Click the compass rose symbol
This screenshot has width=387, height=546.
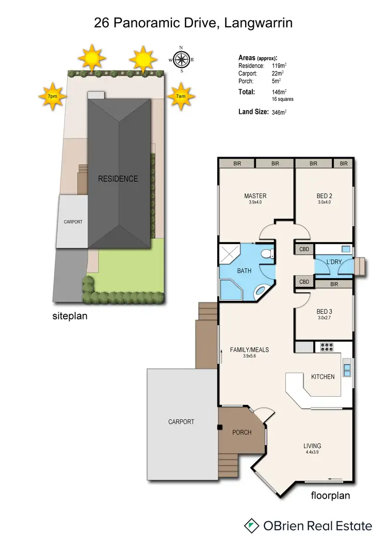[x=181, y=60]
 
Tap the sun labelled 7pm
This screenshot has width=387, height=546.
[x=52, y=96]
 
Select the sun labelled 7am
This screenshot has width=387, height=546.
[x=181, y=96]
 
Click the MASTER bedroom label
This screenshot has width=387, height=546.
[x=255, y=196]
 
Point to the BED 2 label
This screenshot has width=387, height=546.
[x=324, y=196]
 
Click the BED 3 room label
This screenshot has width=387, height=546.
[x=324, y=311]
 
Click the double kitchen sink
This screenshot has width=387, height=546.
[x=347, y=369]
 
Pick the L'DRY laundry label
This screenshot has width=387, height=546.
[x=334, y=262]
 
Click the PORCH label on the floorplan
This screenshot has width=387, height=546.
[x=241, y=432]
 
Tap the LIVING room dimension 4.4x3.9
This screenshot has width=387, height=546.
[x=312, y=453]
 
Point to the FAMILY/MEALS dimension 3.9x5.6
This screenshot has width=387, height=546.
[x=249, y=356]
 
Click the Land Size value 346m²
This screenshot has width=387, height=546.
[x=279, y=112]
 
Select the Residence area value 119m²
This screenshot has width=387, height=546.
[x=279, y=66]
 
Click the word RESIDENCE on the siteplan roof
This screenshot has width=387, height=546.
[x=119, y=179]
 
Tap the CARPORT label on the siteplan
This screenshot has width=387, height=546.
[x=73, y=222]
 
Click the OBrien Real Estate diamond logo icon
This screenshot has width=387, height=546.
[x=252, y=525]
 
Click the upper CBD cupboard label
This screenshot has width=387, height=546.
[x=304, y=249]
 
